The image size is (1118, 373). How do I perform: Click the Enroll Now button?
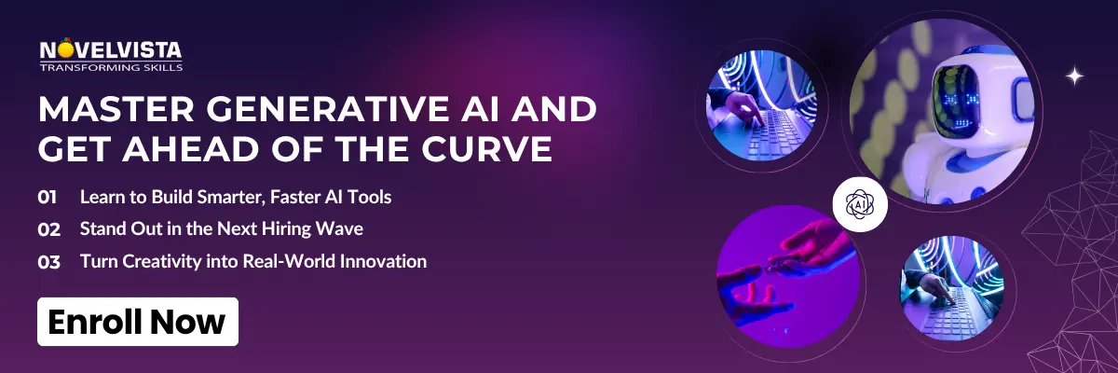pos(138,322)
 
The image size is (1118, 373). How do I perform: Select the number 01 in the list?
pos(48,197)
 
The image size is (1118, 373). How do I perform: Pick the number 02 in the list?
pos(48,229)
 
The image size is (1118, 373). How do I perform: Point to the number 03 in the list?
pos(48,262)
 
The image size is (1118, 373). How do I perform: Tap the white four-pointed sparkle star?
pos(1074,77)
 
